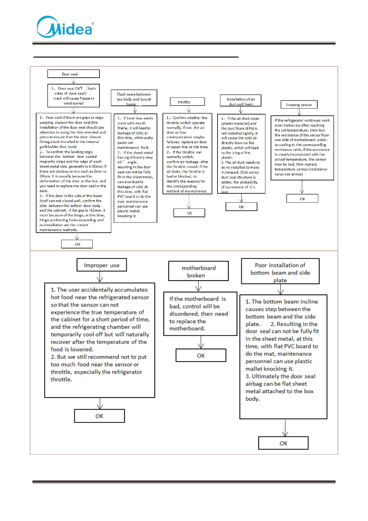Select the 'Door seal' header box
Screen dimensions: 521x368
[73, 74]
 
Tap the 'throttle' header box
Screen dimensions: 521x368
[187, 102]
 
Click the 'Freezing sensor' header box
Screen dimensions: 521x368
[299, 105]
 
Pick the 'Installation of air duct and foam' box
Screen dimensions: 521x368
[240, 101]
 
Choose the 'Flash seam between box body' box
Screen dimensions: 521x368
[134, 98]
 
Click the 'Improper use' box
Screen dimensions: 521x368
[101, 265]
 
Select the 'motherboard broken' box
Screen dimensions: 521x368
[198, 271]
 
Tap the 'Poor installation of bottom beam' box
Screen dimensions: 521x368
[280, 271]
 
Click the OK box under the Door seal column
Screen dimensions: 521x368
[77, 244]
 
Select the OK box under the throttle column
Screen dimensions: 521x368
[189, 213]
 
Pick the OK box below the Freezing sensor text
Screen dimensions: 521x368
[302, 199]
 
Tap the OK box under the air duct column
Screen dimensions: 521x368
[241, 207]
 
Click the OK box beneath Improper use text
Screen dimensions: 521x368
[99, 416]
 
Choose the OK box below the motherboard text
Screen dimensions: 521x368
[201, 355]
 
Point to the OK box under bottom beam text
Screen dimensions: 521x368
[283, 443]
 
